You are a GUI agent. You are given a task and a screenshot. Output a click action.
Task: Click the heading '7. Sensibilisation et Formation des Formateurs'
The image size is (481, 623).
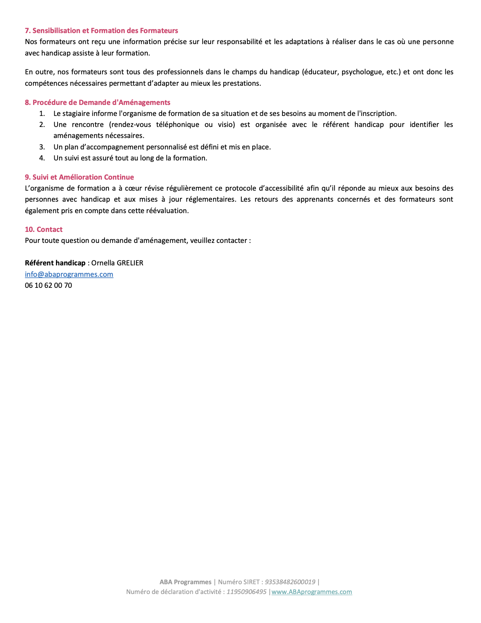(101, 31)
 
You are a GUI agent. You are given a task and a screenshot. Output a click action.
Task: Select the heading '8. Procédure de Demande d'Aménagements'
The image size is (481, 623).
(97, 102)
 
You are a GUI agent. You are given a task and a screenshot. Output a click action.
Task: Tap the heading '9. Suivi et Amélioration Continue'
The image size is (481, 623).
(79, 177)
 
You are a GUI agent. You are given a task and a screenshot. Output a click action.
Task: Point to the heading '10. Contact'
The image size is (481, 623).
(44, 229)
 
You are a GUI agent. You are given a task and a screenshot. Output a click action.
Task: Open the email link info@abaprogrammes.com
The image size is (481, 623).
(69, 274)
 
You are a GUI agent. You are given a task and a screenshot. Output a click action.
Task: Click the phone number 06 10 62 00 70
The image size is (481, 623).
(48, 285)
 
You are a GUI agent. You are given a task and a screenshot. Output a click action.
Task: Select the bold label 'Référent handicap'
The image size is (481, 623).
(55, 263)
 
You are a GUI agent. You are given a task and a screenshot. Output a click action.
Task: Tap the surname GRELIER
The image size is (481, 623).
(130, 263)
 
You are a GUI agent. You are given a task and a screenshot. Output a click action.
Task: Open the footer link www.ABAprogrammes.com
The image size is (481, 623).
(312, 592)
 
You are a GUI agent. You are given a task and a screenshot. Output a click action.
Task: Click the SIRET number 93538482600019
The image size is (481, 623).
(290, 582)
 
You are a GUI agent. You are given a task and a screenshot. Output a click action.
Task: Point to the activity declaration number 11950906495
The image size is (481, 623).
(247, 592)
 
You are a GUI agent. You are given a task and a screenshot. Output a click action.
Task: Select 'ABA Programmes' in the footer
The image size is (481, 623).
(185, 582)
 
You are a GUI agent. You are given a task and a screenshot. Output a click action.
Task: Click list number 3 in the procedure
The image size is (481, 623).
(42, 147)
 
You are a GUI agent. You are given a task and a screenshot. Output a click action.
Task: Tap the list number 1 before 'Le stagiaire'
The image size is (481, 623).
(42, 113)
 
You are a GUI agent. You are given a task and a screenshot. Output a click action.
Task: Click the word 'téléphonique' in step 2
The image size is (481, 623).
(178, 125)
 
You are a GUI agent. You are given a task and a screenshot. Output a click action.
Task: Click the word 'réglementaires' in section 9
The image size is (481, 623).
(211, 199)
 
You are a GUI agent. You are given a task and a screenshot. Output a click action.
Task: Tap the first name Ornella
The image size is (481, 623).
(103, 263)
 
